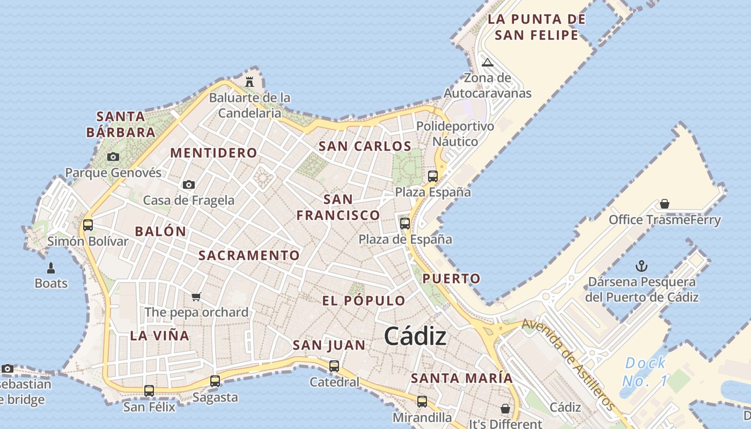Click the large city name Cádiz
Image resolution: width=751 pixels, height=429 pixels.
click(x=415, y=336)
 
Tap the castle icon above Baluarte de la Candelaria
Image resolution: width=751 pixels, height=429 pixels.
click(x=249, y=82)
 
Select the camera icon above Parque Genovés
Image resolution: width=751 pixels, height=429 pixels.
click(x=113, y=157)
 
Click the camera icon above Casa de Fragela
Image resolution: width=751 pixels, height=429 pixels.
click(x=188, y=184)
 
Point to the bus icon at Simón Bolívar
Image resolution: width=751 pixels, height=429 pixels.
click(x=88, y=225)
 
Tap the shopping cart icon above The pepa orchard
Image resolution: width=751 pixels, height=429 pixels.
click(x=196, y=297)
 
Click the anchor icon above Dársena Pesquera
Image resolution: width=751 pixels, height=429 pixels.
click(x=641, y=265)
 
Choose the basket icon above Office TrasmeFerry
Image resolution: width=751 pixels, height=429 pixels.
click(x=665, y=204)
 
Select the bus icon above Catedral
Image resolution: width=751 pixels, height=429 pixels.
click(x=334, y=366)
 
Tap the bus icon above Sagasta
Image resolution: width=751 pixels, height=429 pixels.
click(x=215, y=381)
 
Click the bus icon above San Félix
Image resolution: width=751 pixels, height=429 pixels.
click(x=149, y=391)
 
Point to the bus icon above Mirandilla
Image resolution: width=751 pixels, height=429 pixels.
click(x=422, y=401)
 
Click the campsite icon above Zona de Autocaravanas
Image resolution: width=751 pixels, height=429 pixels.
click(x=487, y=62)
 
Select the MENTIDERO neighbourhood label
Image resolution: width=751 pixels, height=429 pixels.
click(x=213, y=153)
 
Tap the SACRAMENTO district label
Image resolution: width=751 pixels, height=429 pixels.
click(x=249, y=255)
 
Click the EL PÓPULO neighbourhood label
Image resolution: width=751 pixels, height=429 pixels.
click(x=364, y=300)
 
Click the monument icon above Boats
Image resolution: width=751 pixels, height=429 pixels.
click(x=51, y=268)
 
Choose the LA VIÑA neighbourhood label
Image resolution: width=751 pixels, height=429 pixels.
click(x=160, y=336)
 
